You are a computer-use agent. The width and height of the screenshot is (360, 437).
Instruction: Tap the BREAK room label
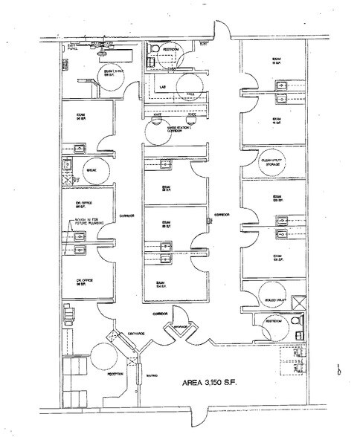[94, 169]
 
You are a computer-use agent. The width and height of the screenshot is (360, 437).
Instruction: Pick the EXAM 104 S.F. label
[160, 284]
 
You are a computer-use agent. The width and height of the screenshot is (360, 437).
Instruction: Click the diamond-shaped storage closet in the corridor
[182, 326]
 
